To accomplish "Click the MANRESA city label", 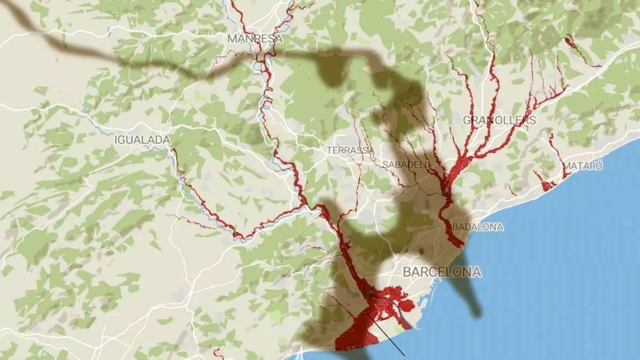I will coord(254,38).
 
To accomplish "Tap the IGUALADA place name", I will coord(142,140).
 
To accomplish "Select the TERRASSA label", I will coord(350,150).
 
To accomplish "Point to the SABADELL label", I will coord(405,164).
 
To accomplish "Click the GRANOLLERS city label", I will coord(499,120).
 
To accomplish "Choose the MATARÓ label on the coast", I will coord(583,166).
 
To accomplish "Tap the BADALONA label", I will coord(478,227).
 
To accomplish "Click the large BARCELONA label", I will coord(442,272).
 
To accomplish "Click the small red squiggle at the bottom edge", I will coord(218,353).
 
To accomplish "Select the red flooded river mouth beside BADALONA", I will coord(454,237).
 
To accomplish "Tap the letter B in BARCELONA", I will coord(407,272).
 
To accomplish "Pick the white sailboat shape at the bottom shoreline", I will coord(303,353).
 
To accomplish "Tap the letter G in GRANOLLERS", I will coord(466,120).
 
